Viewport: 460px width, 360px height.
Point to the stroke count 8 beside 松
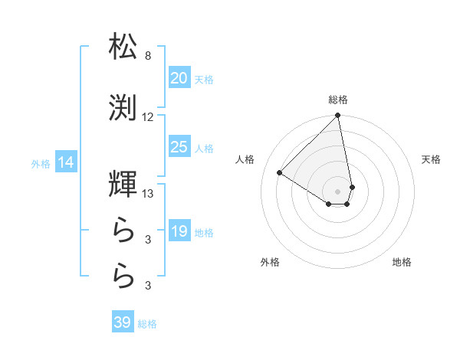coord(148,56)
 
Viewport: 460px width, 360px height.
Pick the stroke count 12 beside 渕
coord(148,117)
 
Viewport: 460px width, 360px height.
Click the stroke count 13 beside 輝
coord(148,195)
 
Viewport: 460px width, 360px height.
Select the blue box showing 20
coord(179,78)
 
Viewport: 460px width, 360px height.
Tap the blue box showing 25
coord(179,147)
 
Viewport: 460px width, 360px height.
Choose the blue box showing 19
coord(179,231)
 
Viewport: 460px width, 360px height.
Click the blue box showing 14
coord(65,162)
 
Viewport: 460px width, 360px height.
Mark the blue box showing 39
coord(123,322)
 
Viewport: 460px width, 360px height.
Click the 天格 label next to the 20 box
coord(204,80)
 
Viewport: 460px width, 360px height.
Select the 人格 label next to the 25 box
coord(204,149)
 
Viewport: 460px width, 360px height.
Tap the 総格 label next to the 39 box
coord(147,324)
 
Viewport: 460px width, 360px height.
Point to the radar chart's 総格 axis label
coord(338,100)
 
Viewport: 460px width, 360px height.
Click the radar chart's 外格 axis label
coord(270,262)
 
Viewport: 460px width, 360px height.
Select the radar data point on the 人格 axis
coord(280,172)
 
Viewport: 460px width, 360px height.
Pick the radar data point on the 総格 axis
coord(338,116)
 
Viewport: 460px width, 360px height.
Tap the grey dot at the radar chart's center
coord(337,191)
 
